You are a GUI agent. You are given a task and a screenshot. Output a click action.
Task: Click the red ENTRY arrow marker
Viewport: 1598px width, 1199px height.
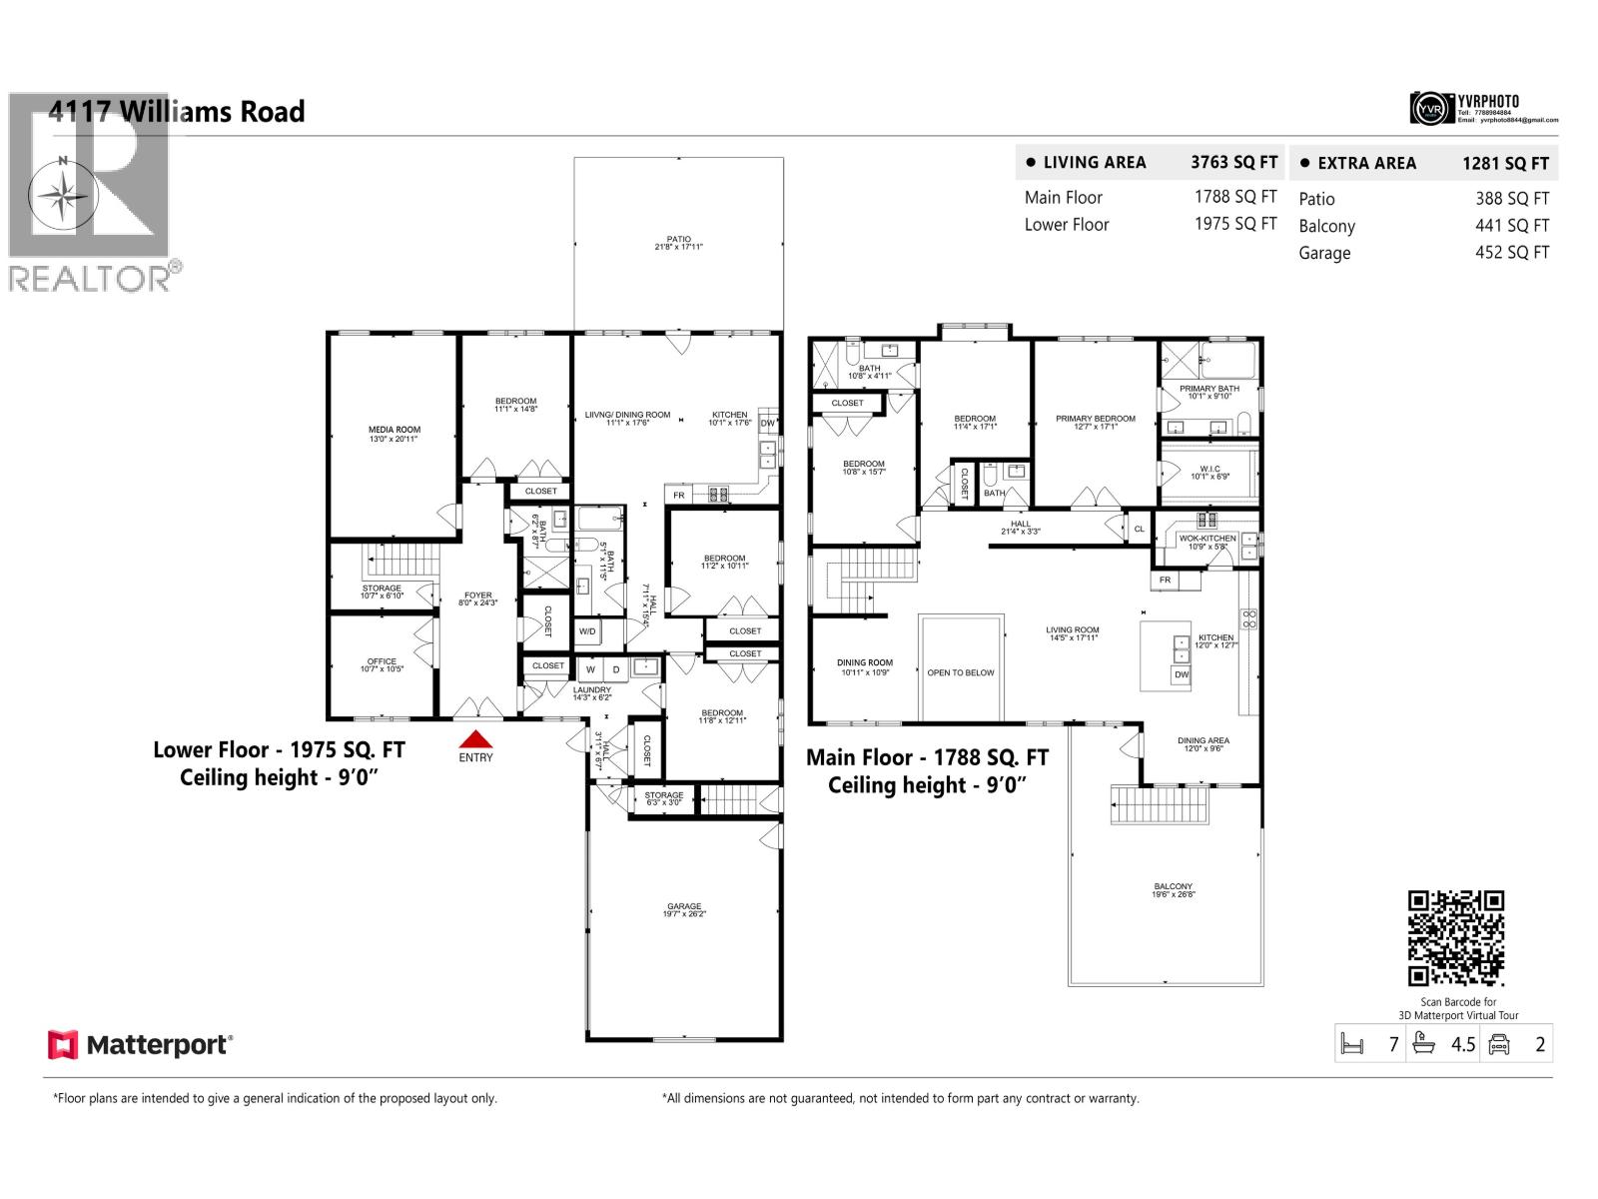tap(476, 739)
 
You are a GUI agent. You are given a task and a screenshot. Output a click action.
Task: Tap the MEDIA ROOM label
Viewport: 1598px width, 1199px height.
tap(395, 431)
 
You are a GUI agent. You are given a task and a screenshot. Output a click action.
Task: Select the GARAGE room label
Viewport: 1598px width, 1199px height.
tap(684, 907)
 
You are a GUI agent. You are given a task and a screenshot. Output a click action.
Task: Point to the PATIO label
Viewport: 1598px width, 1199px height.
tap(679, 240)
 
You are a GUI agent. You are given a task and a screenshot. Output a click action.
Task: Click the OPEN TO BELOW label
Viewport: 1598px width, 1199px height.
tap(961, 672)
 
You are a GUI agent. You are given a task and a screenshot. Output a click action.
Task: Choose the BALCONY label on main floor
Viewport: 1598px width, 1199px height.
tap(1173, 887)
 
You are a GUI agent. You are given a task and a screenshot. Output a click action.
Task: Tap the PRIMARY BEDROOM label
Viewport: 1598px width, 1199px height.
tap(1096, 419)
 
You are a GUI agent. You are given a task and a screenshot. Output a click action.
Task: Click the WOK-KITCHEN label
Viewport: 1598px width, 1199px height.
tap(1207, 539)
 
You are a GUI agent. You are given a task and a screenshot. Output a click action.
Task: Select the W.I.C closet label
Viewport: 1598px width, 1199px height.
tap(1209, 470)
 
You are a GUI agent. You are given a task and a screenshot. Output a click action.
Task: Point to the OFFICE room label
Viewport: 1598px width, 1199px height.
tap(382, 661)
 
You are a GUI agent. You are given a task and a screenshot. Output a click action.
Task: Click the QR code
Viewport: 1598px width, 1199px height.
tap(1455, 938)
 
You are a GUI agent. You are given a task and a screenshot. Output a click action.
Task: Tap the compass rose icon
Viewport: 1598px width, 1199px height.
tap(62, 194)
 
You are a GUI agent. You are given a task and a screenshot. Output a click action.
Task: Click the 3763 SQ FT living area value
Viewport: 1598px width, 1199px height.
tap(1233, 162)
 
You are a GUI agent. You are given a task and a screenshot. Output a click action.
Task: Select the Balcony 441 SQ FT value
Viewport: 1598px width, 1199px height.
tap(1512, 226)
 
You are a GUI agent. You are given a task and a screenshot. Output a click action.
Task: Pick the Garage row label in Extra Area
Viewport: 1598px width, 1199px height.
tap(1324, 253)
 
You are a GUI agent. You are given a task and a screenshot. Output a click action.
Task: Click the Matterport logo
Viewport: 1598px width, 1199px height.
tap(140, 1045)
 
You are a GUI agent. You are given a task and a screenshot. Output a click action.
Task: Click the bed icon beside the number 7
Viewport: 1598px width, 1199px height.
tap(1352, 1045)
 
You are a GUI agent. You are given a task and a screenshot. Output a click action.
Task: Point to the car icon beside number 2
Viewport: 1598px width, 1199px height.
tap(1498, 1045)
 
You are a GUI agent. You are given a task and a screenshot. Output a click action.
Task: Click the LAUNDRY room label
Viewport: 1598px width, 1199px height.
tap(592, 689)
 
